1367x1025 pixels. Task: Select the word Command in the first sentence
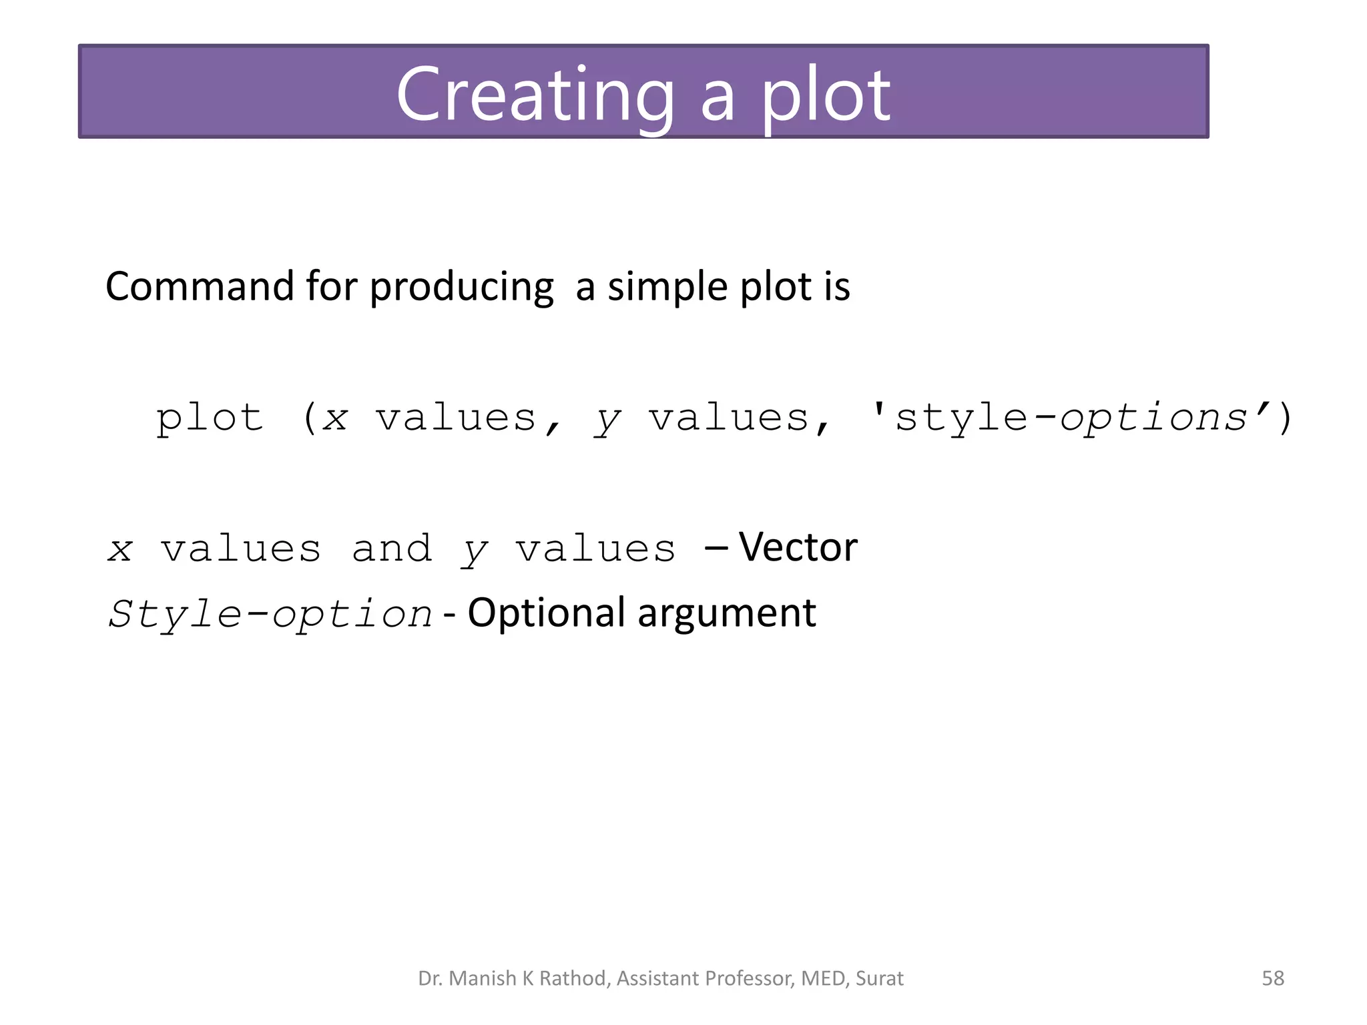[200, 287]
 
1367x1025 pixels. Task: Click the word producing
[461, 288]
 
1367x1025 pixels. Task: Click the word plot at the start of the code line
[210, 419]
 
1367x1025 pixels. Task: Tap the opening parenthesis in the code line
[309, 419]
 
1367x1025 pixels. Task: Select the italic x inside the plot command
[335, 419]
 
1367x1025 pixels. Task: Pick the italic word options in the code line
[1153, 419]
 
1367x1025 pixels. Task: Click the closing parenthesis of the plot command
[1285, 419]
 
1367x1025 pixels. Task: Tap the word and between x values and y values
[392, 549]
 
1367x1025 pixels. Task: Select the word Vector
[798, 548]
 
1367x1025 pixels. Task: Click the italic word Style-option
[270, 614]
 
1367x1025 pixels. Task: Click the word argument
[727, 614]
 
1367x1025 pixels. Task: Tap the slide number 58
[1272, 978]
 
